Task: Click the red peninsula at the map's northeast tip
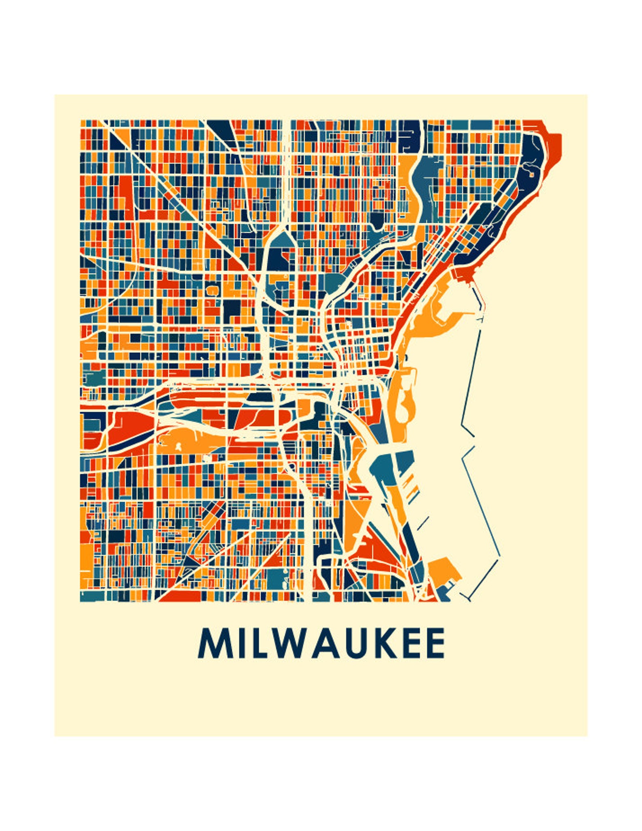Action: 554,146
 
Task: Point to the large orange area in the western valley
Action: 190,441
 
